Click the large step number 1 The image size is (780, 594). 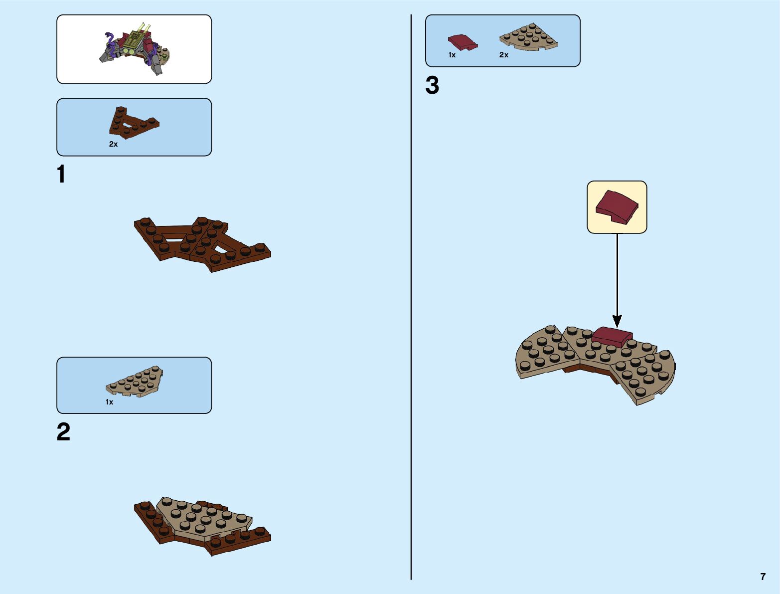61,175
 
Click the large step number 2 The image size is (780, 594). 63,432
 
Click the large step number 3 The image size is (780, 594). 432,85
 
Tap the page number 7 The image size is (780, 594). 763,577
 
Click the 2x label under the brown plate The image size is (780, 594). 113,144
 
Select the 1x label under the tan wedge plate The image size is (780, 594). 109,402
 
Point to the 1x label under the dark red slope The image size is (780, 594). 452,55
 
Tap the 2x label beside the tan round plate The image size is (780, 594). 503,55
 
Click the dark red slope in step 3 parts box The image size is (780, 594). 463,42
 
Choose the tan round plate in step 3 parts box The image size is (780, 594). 528,37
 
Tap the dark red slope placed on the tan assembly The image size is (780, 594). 612,336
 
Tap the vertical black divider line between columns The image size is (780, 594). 411,299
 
